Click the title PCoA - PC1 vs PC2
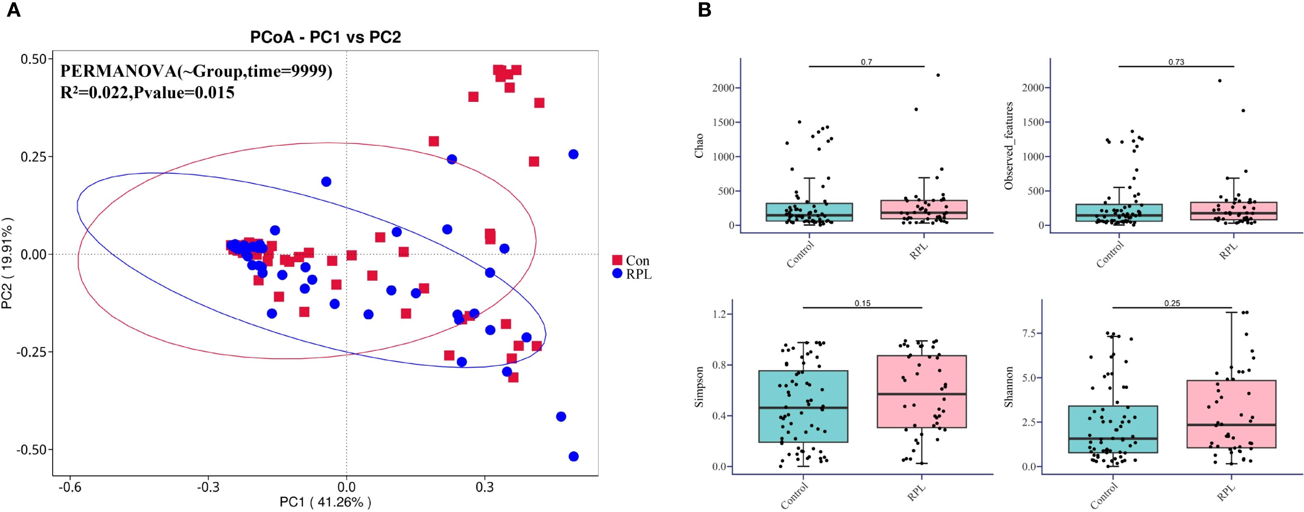tap(325, 37)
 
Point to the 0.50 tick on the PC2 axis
tap(34, 59)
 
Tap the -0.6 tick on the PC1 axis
tap(70, 487)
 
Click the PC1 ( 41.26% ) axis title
tap(325, 502)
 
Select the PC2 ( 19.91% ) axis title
tap(7, 264)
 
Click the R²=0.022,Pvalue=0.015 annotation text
tap(147, 93)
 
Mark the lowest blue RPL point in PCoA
tap(573, 456)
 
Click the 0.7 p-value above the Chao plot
tap(866, 62)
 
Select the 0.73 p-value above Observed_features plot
tap(1176, 62)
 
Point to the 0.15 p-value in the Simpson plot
tap(863, 303)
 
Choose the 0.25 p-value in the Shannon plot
tap(1172, 303)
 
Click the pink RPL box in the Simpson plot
tap(922, 391)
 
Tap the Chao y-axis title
tap(700, 145)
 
